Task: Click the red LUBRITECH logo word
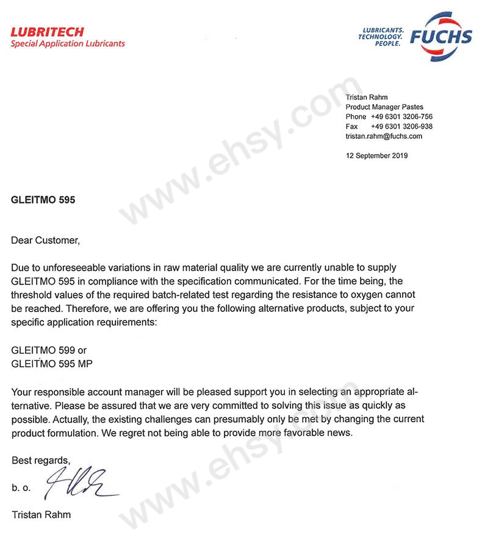[47, 32]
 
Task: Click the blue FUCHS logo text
[441, 37]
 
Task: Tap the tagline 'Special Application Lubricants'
[68, 44]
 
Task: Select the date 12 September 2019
[376, 155]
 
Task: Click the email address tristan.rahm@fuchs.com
[384, 136]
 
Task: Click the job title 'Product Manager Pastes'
[384, 107]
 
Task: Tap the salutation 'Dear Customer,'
[45, 240]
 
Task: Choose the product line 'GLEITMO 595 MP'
[52, 364]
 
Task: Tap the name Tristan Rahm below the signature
[41, 515]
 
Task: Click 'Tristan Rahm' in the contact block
[366, 97]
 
